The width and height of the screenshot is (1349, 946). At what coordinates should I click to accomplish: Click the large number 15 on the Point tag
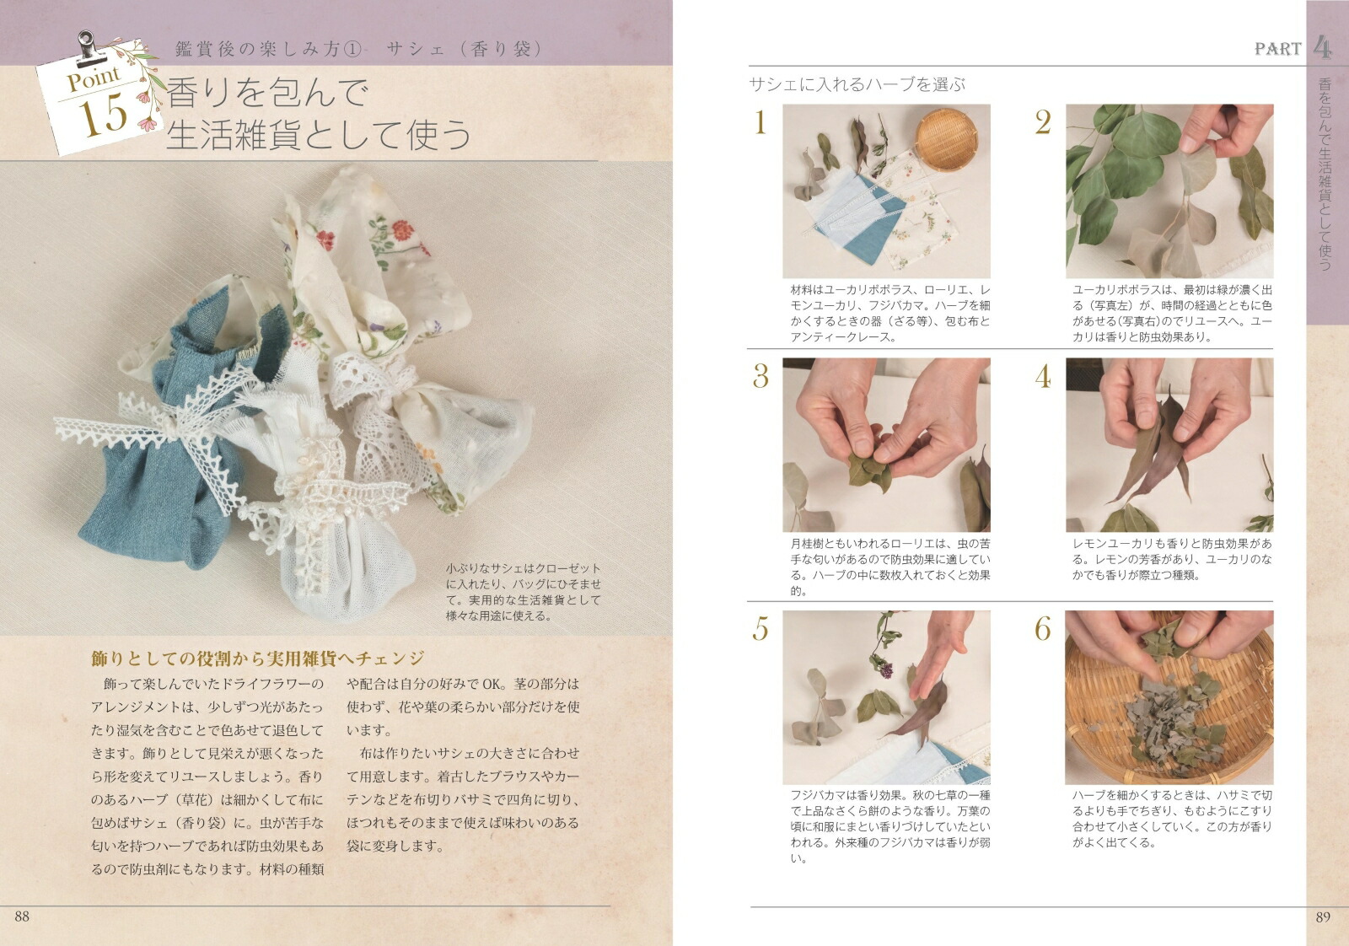(x=104, y=116)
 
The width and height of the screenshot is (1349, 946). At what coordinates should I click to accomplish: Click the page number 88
(x=22, y=916)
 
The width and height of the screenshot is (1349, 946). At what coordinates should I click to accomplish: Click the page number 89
(x=1322, y=917)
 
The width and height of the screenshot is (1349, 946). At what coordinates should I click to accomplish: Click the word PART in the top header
(x=1277, y=49)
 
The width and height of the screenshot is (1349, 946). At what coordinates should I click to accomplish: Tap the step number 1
(x=760, y=123)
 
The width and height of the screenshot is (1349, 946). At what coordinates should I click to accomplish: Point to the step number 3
(x=760, y=376)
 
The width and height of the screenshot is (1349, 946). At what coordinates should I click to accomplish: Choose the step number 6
(x=1043, y=629)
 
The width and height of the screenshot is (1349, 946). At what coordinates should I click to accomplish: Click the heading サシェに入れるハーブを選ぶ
(x=857, y=84)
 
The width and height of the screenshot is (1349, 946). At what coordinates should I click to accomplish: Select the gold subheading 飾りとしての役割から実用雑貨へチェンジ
(x=257, y=658)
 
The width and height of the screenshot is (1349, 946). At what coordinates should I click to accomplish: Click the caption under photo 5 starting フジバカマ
(x=889, y=826)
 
